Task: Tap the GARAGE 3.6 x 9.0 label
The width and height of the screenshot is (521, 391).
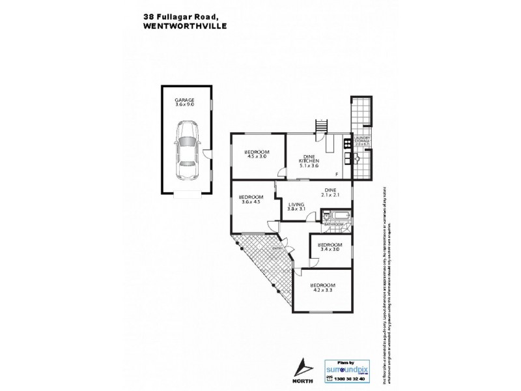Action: tap(185, 102)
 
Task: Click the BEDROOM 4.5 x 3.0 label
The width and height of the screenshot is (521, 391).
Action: tap(257, 154)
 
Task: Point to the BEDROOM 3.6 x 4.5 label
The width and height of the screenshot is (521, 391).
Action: tap(251, 199)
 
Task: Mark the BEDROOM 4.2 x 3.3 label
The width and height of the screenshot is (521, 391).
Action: tap(322, 287)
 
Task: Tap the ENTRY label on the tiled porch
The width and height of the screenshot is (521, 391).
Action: tap(277, 248)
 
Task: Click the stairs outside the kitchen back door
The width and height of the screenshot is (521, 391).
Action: tap(321, 126)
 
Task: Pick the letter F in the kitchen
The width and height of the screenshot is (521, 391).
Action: tap(336, 174)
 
